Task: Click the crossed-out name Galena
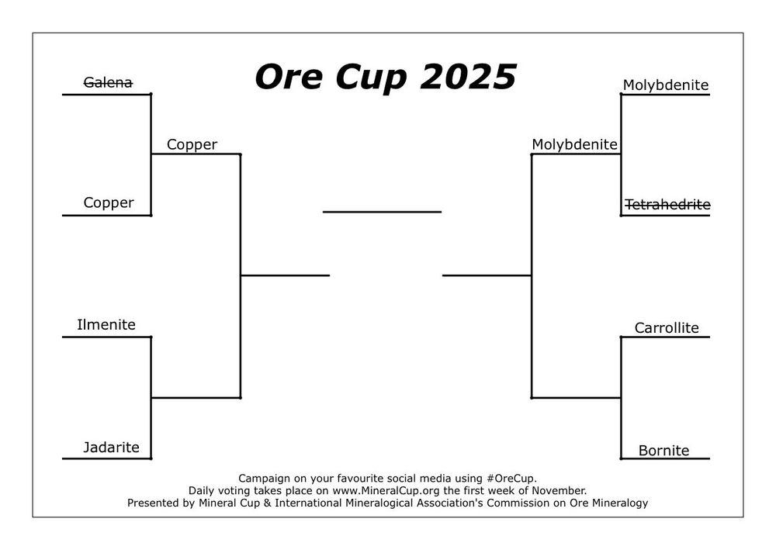tap(108, 82)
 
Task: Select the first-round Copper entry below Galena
tap(109, 203)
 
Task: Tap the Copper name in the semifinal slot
tap(192, 144)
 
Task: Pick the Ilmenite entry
tap(106, 325)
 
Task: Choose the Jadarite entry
tap(112, 448)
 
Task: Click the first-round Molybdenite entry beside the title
tap(666, 85)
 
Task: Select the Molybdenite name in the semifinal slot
tap(574, 144)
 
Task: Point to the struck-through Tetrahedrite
tap(667, 205)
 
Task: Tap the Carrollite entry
tap(667, 328)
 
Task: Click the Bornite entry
tap(663, 451)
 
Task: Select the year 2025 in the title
tap(470, 77)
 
